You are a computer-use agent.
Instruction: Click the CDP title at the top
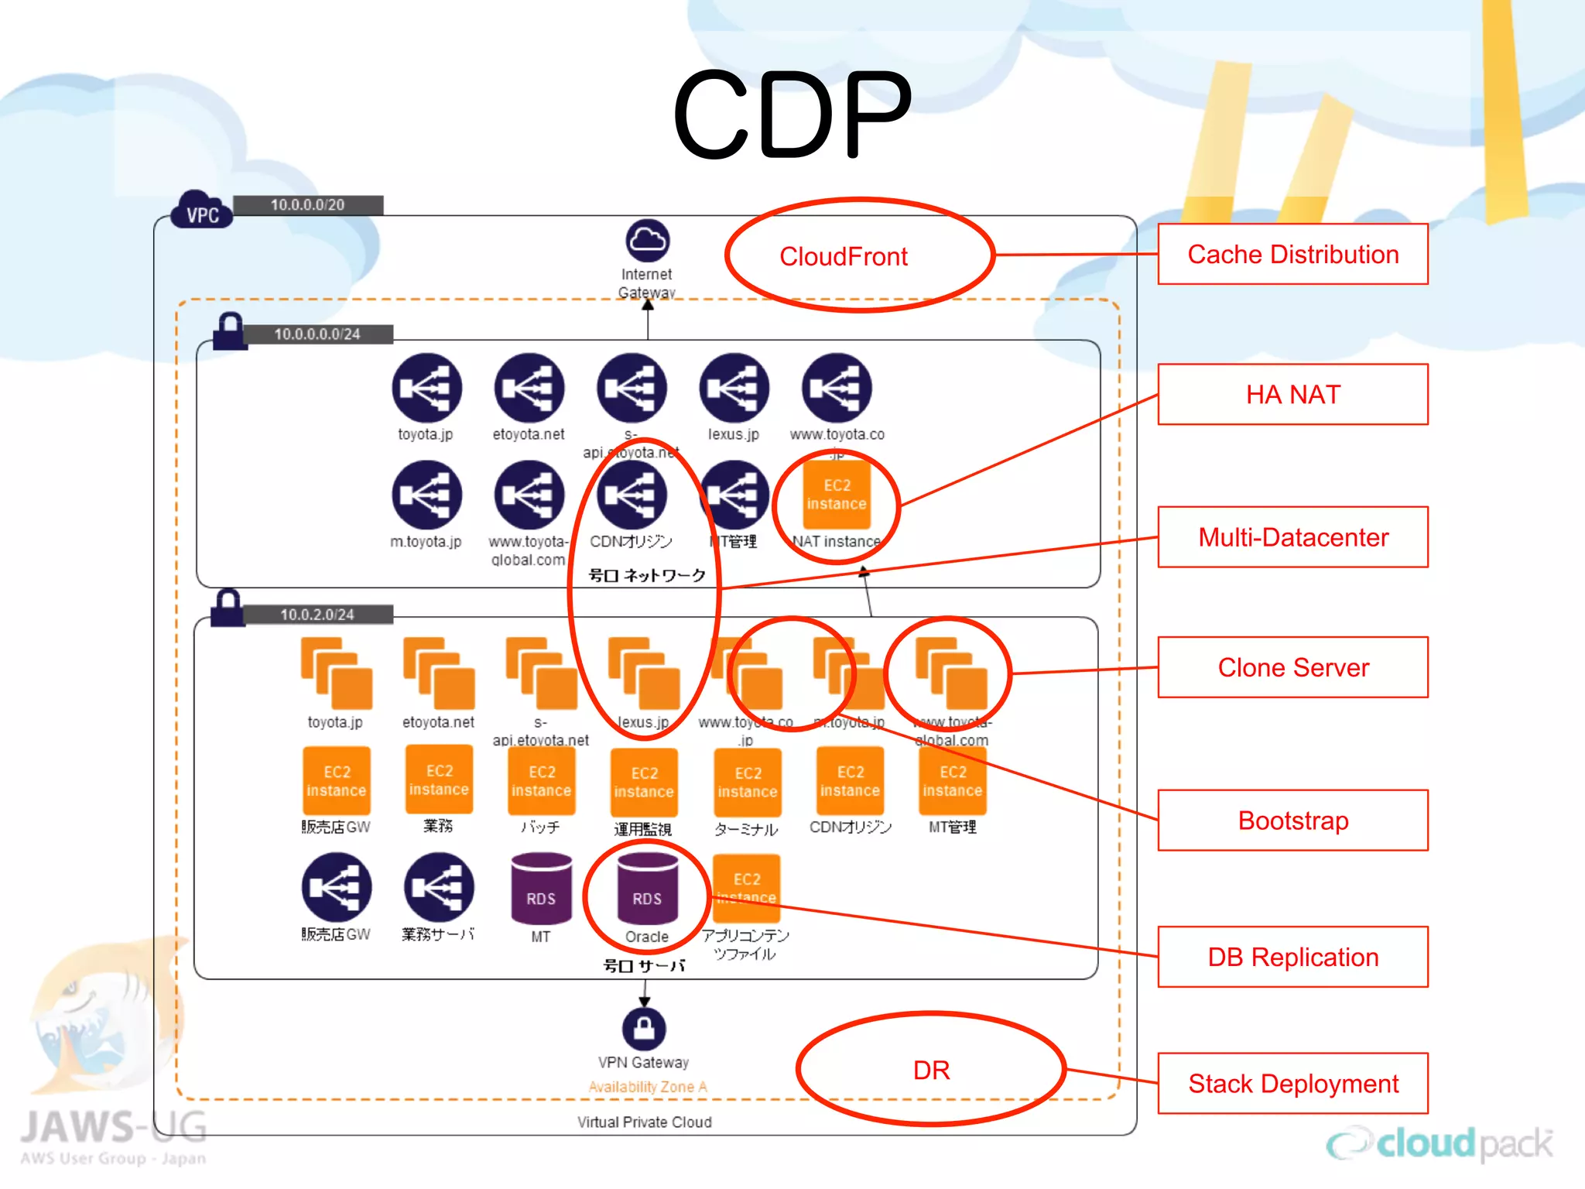tap(792, 115)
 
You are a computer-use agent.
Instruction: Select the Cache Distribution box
tap(1292, 255)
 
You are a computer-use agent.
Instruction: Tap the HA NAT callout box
tap(1292, 395)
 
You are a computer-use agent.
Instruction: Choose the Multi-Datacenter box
tap(1292, 537)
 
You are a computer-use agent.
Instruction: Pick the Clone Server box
tap(1292, 667)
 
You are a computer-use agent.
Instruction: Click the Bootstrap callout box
tap(1292, 821)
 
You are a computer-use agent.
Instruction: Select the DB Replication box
tap(1292, 957)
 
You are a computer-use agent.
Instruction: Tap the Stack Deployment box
tap(1292, 1084)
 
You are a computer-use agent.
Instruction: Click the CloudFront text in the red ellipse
tap(843, 256)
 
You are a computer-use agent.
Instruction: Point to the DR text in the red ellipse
tap(931, 1071)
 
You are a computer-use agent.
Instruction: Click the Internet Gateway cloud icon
tap(647, 241)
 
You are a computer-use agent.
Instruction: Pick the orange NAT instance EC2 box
tap(837, 495)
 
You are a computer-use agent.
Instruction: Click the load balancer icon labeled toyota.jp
tap(426, 388)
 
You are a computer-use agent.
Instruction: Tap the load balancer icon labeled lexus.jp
tap(734, 388)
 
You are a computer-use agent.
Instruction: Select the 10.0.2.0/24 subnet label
tap(317, 615)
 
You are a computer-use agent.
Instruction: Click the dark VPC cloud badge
tap(202, 211)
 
